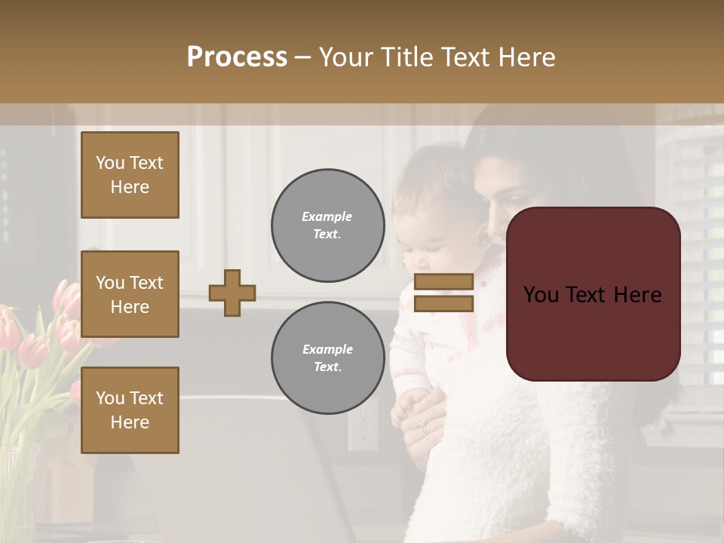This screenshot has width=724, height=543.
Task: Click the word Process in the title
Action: [x=237, y=57]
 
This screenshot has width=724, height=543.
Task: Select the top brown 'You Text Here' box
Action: [x=130, y=175]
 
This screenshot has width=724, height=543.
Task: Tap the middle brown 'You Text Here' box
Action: [x=130, y=294]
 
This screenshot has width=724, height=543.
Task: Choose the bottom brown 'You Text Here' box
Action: [x=130, y=410]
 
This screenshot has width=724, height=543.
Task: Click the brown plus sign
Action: [x=232, y=293]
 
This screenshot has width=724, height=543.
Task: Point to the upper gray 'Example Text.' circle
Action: [x=327, y=225]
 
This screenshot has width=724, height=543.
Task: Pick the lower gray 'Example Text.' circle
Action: [x=327, y=357]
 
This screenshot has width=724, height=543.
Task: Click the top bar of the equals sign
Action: [x=443, y=282]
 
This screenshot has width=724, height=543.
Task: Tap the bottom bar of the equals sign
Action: [x=443, y=303]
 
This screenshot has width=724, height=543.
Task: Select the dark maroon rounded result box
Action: [x=593, y=294]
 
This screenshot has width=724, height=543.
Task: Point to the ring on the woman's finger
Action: [x=424, y=428]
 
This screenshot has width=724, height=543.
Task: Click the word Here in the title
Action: [x=526, y=57]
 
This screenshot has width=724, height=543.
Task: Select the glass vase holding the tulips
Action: [x=19, y=490]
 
